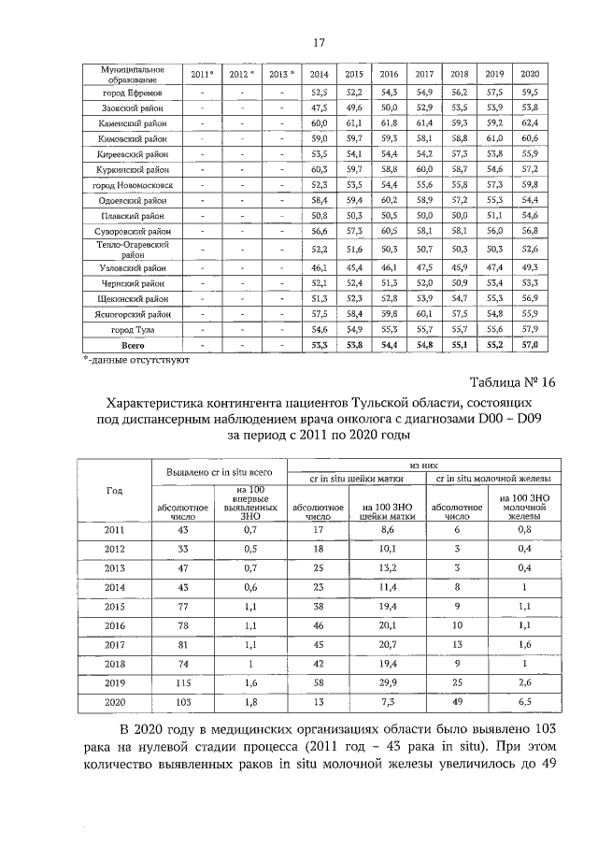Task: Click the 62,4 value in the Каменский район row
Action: tap(529, 122)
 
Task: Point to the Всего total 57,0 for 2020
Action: tap(529, 346)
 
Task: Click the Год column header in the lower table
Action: tap(115, 491)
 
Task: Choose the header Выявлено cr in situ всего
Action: tap(212, 473)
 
